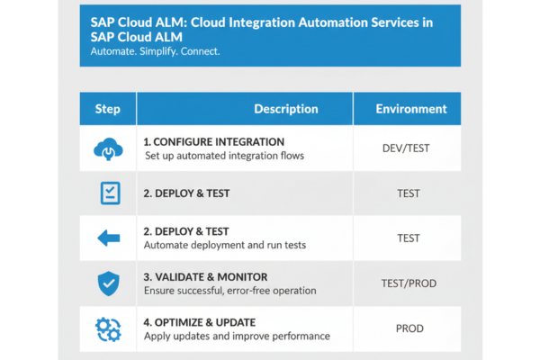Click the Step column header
point(107,109)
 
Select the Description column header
point(286,109)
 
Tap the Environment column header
point(411,109)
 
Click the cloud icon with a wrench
point(108,148)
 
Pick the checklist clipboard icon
point(110,193)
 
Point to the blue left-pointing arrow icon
point(109,238)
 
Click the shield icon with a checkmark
point(109,283)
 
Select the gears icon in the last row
point(108,329)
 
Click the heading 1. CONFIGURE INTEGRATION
point(214,142)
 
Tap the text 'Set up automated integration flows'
point(224,156)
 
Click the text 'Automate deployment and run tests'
point(225,245)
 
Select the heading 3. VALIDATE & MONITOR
point(205,277)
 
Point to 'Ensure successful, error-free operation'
point(230,291)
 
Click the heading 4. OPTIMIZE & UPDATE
point(200,322)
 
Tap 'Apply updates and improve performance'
point(237,337)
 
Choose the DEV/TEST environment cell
point(406,148)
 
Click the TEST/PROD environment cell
point(409,283)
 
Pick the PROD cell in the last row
point(409,328)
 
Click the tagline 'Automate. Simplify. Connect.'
point(155,51)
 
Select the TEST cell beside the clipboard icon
point(409,193)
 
